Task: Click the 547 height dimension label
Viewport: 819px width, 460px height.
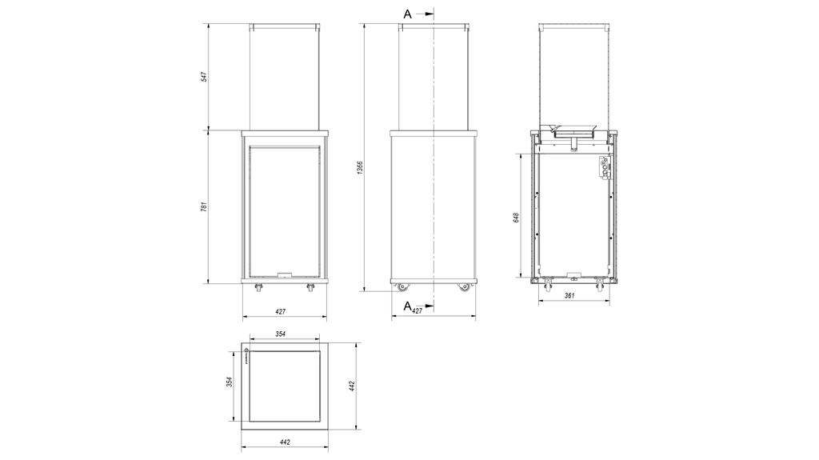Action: click(x=204, y=77)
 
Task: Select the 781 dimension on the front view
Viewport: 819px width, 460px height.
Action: click(x=204, y=206)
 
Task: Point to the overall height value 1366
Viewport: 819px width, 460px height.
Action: click(x=360, y=168)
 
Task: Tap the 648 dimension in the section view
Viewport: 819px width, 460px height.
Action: click(x=517, y=218)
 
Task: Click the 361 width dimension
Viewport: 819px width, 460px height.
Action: click(x=570, y=295)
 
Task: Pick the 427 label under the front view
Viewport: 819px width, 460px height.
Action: click(x=281, y=311)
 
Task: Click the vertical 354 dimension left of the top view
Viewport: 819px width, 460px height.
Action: click(x=230, y=382)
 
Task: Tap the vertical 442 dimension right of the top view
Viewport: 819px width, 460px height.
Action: click(x=352, y=386)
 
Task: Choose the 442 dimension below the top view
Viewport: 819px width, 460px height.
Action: click(x=286, y=442)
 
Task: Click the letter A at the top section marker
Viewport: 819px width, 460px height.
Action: click(x=408, y=14)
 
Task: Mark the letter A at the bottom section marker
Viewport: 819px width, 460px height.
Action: click(x=407, y=305)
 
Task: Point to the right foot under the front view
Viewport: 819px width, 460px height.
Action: click(x=310, y=287)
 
